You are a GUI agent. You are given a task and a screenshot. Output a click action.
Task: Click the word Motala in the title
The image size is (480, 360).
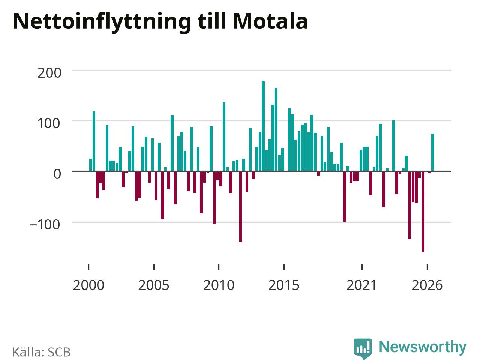[x=270, y=22]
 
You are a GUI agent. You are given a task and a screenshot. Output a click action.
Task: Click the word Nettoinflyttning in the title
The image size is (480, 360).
[x=102, y=23]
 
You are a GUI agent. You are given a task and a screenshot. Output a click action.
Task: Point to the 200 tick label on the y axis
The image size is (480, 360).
[x=49, y=73]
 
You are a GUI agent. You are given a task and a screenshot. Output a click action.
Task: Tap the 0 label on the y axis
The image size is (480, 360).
[x=57, y=174]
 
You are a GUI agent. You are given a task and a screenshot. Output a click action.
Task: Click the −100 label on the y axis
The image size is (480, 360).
[x=45, y=225]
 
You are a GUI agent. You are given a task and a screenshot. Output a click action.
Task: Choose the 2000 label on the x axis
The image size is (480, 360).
[x=88, y=285]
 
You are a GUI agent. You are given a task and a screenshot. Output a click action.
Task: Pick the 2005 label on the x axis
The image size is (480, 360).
[x=154, y=285]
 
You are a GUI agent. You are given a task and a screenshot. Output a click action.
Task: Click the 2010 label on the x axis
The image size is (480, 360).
[x=219, y=285]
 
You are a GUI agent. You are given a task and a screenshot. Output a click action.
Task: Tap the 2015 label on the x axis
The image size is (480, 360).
[x=284, y=285]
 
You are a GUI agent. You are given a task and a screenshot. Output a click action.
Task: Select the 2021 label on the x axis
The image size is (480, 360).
[x=362, y=285]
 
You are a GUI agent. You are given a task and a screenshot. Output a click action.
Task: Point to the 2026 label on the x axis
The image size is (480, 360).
[x=427, y=285]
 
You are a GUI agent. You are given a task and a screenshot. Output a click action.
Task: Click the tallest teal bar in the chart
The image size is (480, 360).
[x=263, y=126]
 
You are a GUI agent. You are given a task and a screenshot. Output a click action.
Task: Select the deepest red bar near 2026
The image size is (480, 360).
[x=423, y=211]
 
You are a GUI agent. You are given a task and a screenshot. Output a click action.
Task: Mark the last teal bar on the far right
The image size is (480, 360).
[x=432, y=153]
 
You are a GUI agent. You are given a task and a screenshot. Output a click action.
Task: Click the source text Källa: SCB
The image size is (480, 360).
[x=42, y=352]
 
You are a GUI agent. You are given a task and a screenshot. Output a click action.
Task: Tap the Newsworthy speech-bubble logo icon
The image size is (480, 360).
[x=363, y=348]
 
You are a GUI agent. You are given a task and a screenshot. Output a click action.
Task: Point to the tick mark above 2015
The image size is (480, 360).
[x=284, y=267]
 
